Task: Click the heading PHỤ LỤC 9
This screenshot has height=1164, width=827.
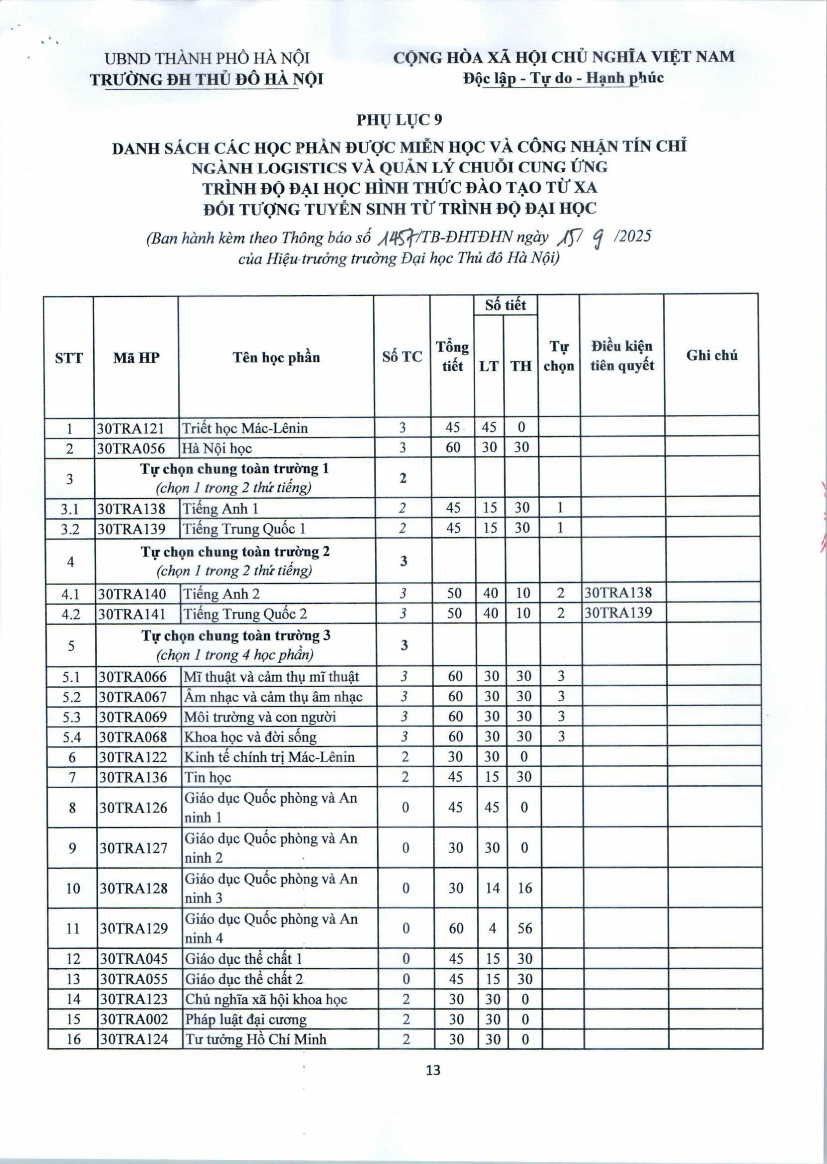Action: [399, 120]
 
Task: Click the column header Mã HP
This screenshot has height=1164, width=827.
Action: [136, 358]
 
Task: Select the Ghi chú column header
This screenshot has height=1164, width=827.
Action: [711, 355]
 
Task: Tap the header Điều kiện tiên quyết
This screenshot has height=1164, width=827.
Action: [622, 356]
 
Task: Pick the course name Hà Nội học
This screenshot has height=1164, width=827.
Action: [218, 448]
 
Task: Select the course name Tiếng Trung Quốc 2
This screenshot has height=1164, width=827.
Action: [245, 614]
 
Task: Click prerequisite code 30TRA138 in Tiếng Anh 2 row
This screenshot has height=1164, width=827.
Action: [618, 593]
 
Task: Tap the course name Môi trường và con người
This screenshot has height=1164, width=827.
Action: [260, 717]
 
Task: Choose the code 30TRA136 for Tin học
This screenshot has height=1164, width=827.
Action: [133, 777]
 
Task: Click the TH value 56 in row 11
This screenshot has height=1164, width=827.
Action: [524, 928]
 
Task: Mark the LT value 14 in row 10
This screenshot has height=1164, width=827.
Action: [493, 888]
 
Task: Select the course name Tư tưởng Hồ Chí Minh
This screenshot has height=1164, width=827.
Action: [256, 1039]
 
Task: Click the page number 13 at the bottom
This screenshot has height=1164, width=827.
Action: [433, 1070]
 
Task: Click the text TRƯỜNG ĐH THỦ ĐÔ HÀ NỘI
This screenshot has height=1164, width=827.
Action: [206, 79]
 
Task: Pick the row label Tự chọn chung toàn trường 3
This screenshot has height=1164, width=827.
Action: [236, 636]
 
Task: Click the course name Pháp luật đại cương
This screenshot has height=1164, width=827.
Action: [246, 1019]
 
